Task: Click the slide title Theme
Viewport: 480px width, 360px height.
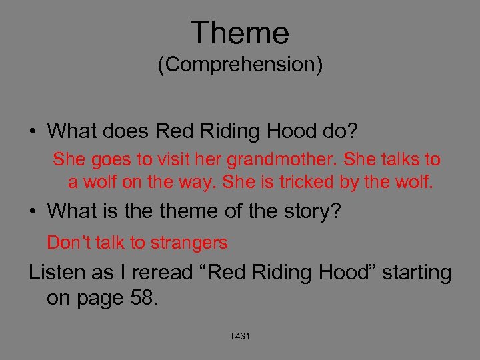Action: pos(239,33)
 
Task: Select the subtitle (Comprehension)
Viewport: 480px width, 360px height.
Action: pos(239,65)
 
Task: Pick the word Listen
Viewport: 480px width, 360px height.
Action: pos(57,273)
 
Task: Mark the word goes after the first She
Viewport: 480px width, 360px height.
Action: pos(102,160)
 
